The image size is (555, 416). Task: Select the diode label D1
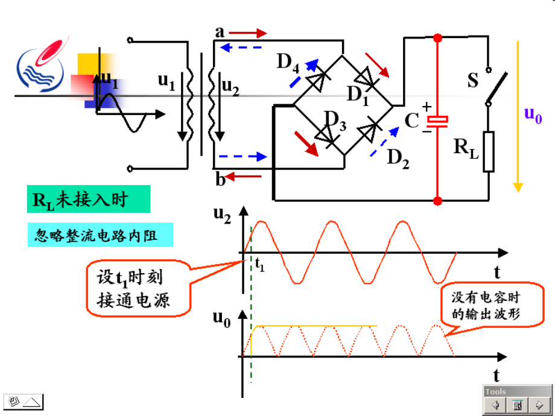point(357,94)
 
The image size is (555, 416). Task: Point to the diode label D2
point(398,158)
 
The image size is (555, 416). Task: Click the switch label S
point(473,81)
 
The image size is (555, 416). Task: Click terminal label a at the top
point(220,31)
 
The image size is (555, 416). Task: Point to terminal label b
point(221,178)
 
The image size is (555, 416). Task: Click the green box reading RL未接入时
point(88,200)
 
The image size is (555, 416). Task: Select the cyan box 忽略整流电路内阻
point(100,235)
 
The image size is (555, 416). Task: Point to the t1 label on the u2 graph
point(259,264)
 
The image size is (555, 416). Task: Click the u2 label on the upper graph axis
point(221,214)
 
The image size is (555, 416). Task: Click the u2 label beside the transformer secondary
point(230,88)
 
